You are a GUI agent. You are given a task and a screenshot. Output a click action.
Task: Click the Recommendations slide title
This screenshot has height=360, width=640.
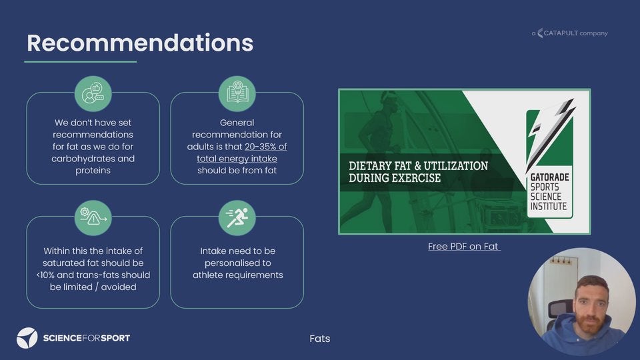[140, 43]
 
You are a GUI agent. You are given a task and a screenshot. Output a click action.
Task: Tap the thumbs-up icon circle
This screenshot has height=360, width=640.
[93, 94]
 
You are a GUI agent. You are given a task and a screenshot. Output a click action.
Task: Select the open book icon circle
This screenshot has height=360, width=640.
[237, 94]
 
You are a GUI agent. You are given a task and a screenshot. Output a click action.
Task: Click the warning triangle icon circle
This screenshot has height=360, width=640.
[93, 218]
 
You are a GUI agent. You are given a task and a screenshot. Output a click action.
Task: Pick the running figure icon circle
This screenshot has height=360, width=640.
[237, 218]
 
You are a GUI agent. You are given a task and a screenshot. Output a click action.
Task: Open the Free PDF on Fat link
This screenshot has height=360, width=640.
[464, 247]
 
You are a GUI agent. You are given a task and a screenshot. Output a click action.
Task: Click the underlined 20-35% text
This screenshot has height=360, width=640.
[266, 147]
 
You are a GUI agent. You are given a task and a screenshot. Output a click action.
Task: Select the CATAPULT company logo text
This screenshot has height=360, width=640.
[570, 33]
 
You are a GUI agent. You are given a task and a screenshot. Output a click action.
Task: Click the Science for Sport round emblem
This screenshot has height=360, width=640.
[27, 338]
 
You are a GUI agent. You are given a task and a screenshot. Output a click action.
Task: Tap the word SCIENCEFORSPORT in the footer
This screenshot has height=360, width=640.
[87, 338]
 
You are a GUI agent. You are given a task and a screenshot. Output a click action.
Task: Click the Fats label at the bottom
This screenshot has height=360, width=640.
[320, 339]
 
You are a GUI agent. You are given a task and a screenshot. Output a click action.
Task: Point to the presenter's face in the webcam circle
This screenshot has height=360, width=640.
[591, 304]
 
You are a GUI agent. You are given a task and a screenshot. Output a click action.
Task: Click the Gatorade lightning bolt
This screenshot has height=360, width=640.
[551, 133]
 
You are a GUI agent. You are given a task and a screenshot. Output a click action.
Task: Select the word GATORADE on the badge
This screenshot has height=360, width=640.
[550, 177]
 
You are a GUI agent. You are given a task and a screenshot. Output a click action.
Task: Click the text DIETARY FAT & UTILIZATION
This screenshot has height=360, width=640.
[419, 166]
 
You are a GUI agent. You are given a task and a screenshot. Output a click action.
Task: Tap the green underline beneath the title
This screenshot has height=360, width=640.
[81, 61]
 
